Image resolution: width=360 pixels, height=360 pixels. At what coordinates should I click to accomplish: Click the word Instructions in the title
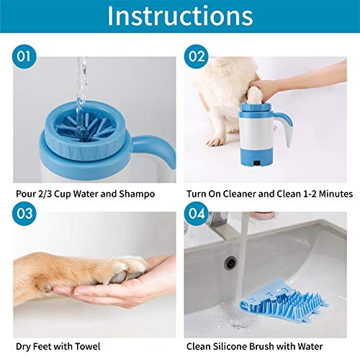pos(180,17)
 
